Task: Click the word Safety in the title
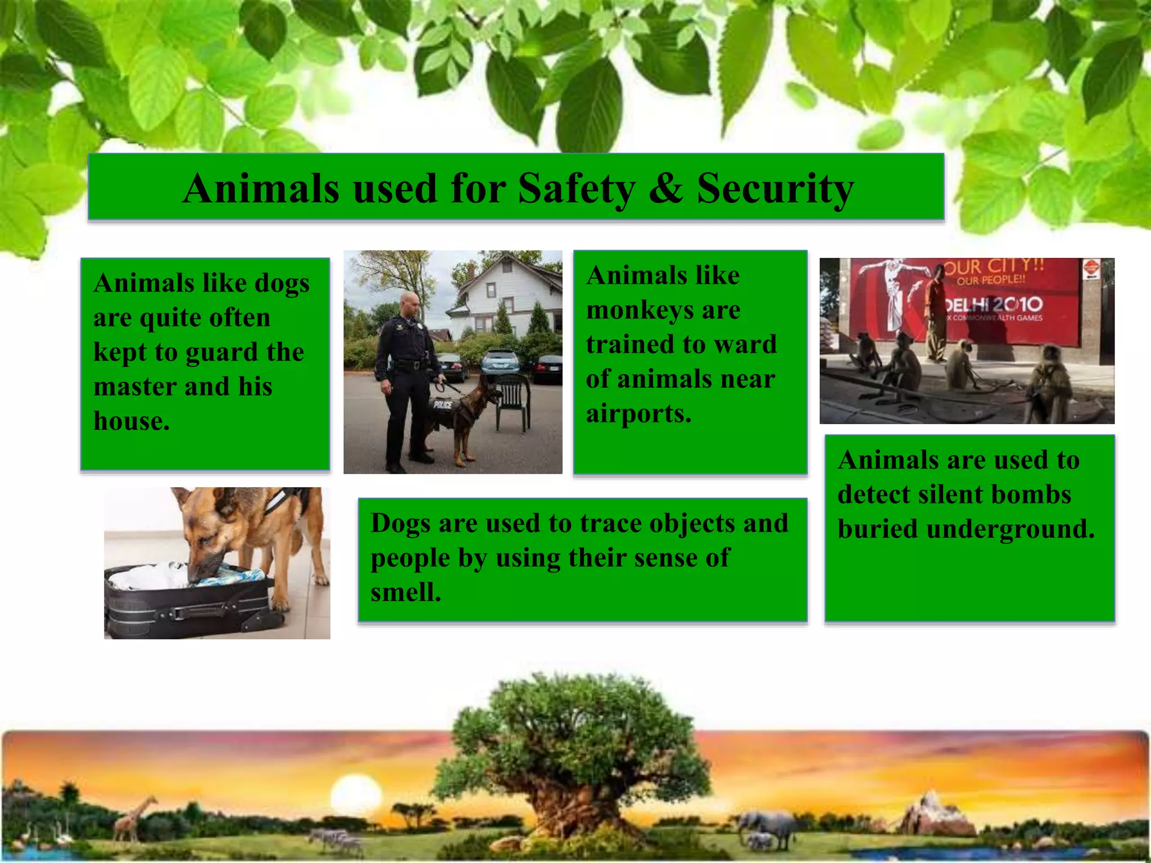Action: (577, 188)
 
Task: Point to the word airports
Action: (638, 414)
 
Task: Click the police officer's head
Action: (410, 304)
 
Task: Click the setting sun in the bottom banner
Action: (356, 794)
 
